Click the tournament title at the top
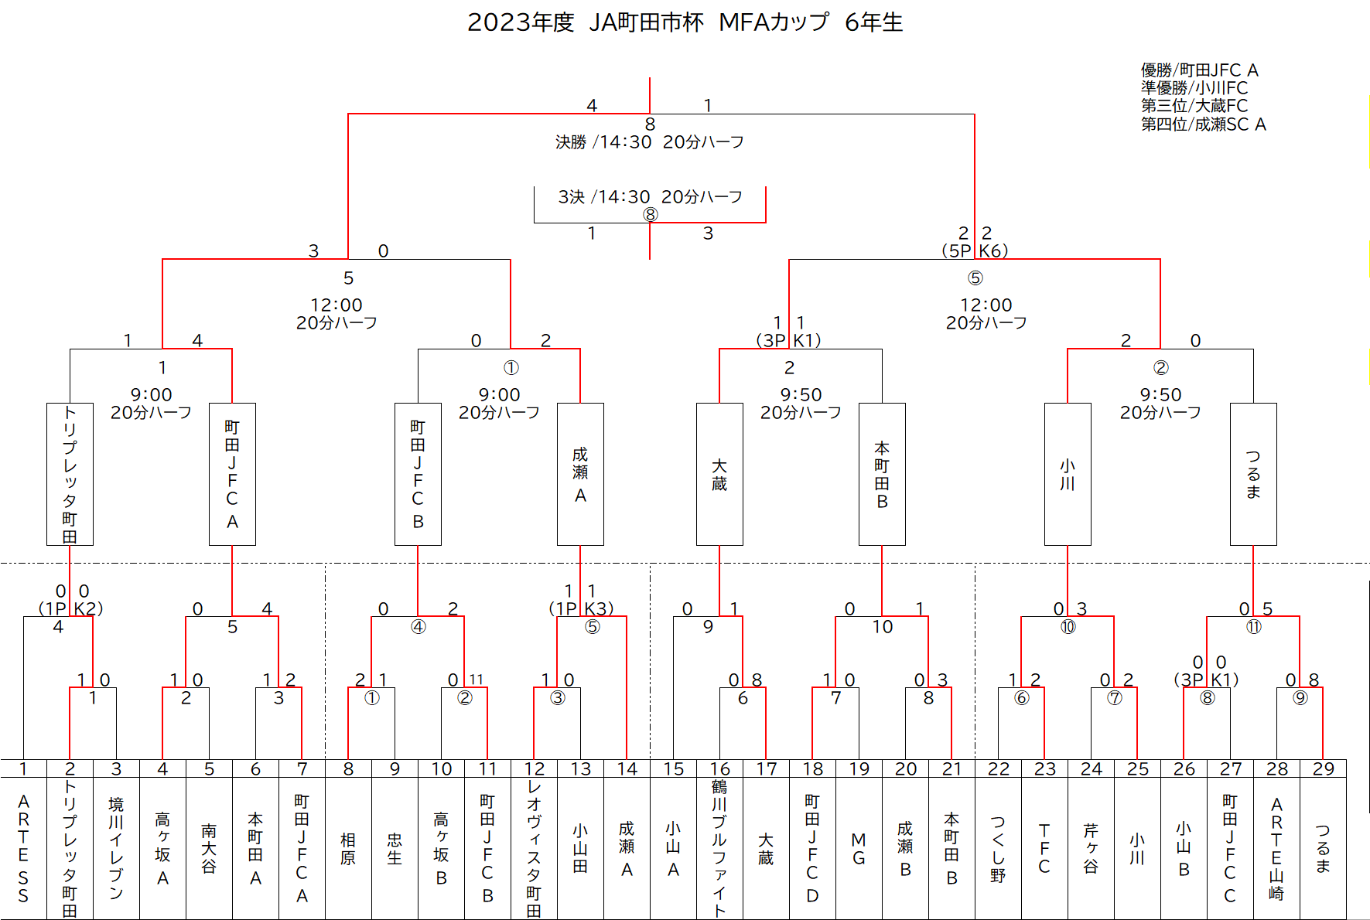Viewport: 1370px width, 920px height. pos(685,22)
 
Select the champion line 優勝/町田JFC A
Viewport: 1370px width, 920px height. pos(1199,70)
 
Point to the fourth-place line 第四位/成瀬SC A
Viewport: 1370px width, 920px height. pos(1204,124)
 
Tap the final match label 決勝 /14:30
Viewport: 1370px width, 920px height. pos(603,142)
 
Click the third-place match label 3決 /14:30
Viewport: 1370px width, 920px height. pos(604,197)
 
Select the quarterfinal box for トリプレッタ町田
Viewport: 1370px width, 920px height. pos(70,474)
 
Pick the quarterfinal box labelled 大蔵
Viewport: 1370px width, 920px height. pos(719,474)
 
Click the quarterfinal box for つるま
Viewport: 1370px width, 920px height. pos(1253,474)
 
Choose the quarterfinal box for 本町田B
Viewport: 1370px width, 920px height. pos(882,474)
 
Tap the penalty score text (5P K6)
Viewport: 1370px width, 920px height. pos(975,250)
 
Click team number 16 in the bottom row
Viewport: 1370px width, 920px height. pos(719,768)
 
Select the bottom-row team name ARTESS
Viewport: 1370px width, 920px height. pos(23,848)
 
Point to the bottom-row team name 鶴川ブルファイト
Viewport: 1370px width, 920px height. pos(719,848)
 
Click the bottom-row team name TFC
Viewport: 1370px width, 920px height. pos(1044,848)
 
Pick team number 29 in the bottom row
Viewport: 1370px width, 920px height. pos(1323,768)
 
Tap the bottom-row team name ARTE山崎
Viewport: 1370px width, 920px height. pos(1276,848)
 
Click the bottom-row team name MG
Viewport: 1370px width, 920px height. pos(859,848)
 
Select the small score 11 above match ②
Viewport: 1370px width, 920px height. pos(476,680)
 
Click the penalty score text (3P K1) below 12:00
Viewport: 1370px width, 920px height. pos(788,340)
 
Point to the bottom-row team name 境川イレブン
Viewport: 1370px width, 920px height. pos(116,848)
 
